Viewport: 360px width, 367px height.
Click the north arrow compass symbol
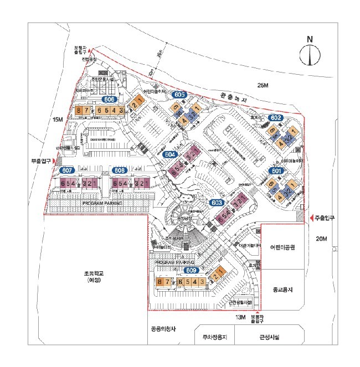point(310,53)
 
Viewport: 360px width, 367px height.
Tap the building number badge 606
point(109,100)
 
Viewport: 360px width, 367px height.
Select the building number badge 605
point(178,95)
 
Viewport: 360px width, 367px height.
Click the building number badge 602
point(276,118)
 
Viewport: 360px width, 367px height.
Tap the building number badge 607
point(67,170)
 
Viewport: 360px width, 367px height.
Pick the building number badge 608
point(119,170)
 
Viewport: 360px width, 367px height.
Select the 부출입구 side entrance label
point(40,162)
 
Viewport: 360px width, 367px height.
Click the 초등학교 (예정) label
point(92,278)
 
